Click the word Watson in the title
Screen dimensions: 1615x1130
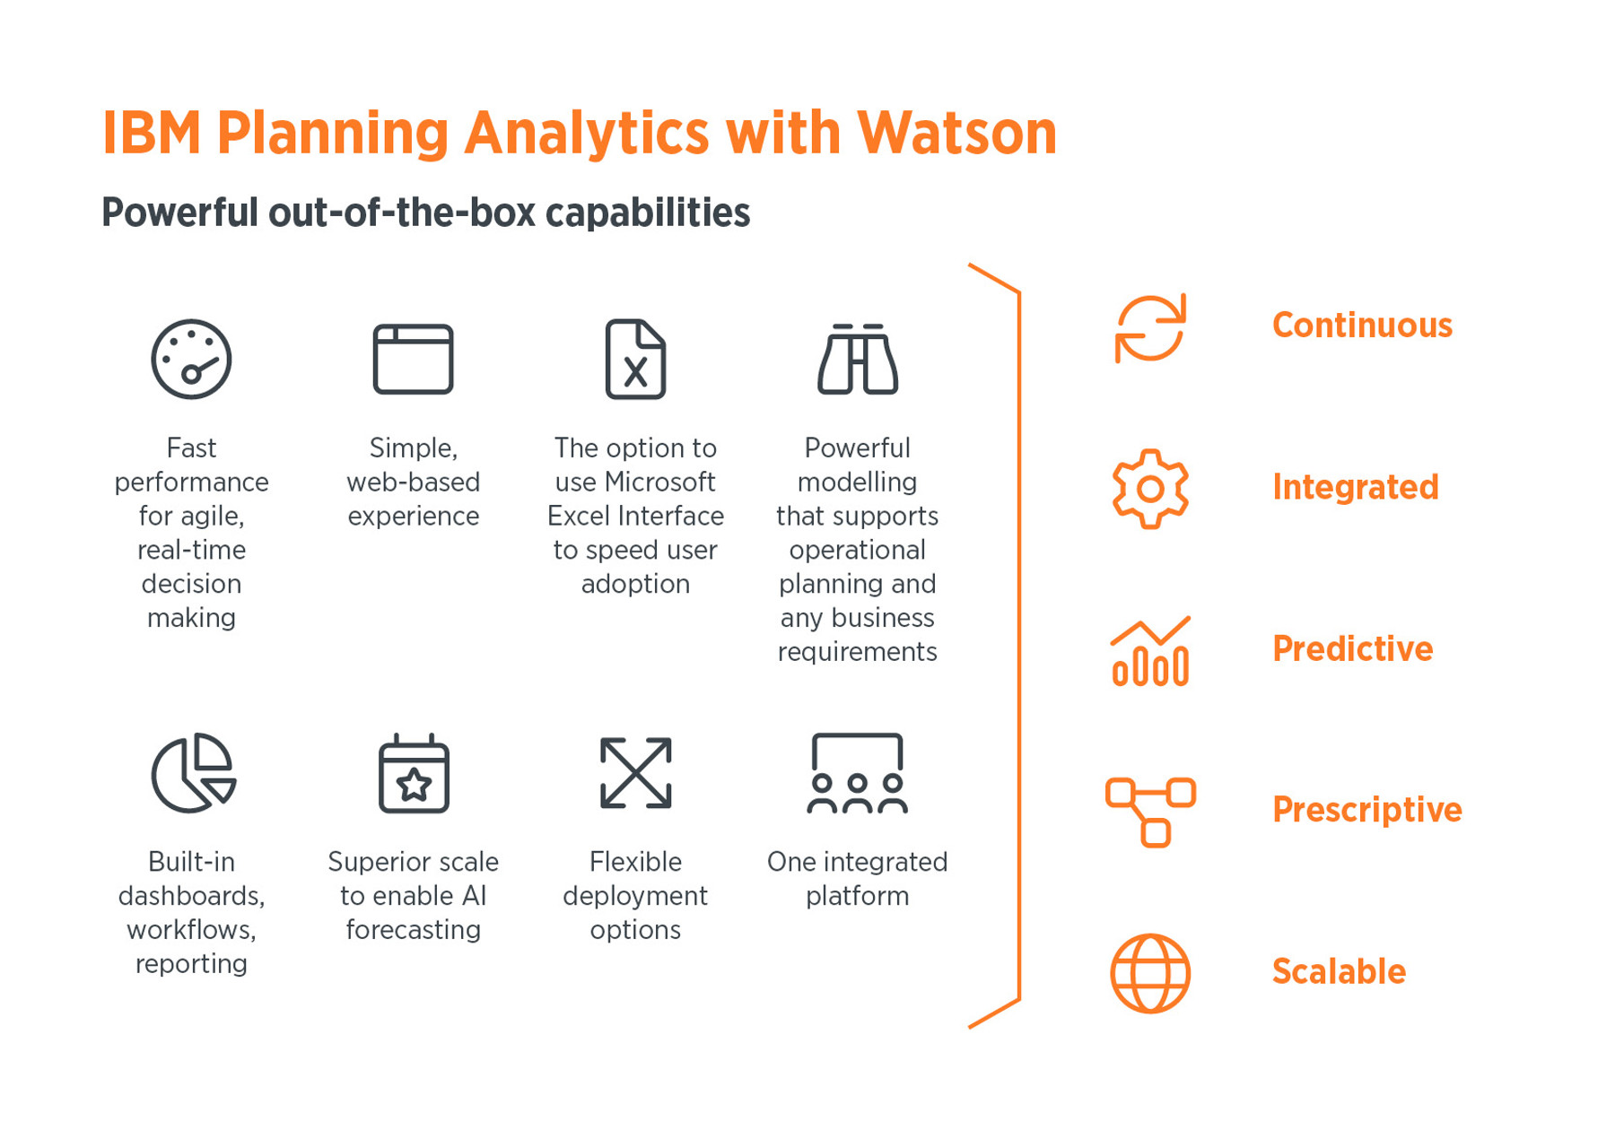(x=956, y=133)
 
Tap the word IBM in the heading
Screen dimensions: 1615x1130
(x=152, y=133)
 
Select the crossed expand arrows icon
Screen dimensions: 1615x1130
(x=635, y=773)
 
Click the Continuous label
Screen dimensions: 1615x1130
(x=1362, y=325)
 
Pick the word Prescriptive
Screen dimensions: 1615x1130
(x=1367, y=810)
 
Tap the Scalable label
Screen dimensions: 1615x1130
(x=1339, y=971)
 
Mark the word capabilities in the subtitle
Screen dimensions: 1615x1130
(x=648, y=213)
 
